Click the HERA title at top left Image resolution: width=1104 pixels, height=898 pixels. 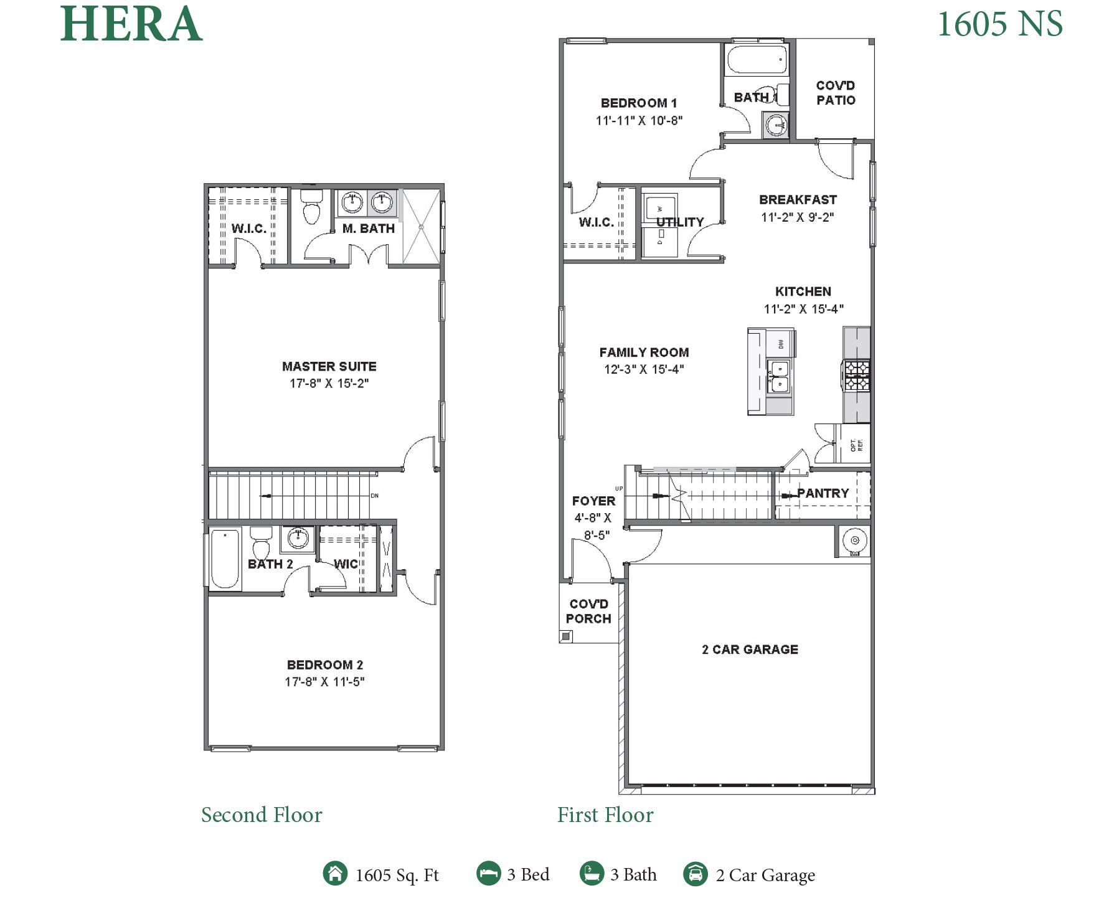coord(131,24)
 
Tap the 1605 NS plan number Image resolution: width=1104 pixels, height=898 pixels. coord(999,24)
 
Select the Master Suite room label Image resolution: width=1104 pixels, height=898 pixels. coord(329,366)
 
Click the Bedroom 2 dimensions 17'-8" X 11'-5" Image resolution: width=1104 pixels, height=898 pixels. coord(324,682)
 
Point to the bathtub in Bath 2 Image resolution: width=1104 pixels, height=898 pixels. coord(225,559)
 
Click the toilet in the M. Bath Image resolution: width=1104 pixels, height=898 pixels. coord(311,207)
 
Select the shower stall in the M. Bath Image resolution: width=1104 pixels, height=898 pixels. coord(422,227)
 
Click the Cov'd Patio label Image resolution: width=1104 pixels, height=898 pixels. coord(836,93)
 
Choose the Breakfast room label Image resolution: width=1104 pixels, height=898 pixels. coord(798,200)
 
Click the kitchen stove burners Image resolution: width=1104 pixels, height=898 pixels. coord(857,375)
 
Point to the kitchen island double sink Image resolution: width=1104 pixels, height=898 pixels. coord(779,376)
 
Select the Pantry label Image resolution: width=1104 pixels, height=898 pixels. coord(823,493)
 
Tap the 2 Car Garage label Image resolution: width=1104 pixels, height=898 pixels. coord(750,650)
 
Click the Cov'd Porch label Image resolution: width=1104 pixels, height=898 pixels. coord(588,611)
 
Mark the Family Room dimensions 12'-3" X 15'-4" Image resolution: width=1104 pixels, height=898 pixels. coord(644,369)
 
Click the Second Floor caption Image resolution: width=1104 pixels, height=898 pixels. coord(262,815)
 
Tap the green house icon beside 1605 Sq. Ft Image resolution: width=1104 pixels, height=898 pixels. coord(335,873)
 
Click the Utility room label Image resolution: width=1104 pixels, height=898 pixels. coord(680,222)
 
